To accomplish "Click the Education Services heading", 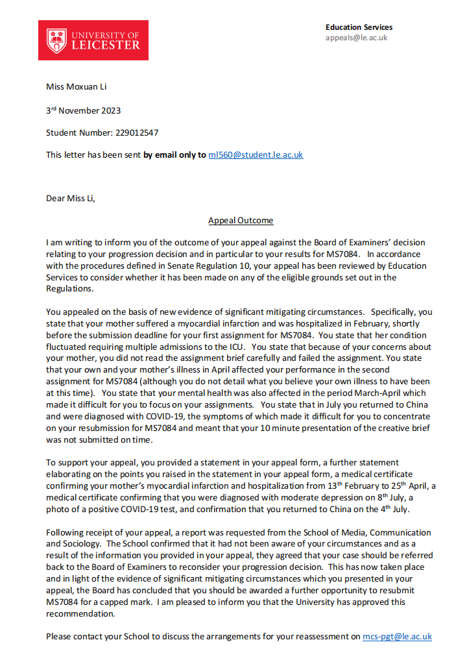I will (x=359, y=27).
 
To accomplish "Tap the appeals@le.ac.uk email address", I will (x=356, y=38).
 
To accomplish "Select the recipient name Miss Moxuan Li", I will (x=74, y=87).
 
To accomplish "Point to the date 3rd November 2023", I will (x=83, y=110).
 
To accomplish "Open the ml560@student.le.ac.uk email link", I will (x=256, y=155).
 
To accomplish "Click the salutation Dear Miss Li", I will (x=70, y=199).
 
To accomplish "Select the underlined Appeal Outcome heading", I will (x=241, y=221).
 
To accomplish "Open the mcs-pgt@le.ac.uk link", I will (x=396, y=637).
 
